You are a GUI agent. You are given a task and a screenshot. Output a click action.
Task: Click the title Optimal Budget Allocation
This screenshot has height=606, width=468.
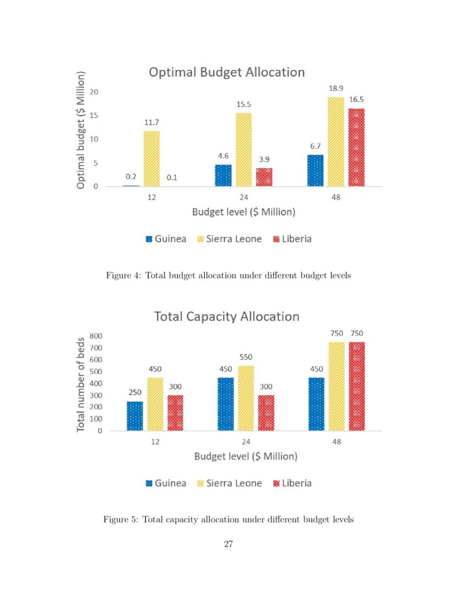226,72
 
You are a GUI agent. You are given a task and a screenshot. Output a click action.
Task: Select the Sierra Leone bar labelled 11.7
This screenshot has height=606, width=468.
152,159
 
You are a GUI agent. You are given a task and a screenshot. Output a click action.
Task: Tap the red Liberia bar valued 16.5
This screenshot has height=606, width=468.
356,148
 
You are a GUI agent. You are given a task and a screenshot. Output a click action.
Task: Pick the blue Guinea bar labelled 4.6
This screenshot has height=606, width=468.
223,175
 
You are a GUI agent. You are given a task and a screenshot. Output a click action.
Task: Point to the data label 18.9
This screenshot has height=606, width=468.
336,88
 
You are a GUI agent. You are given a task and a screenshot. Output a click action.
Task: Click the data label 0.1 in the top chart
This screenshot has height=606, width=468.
172,177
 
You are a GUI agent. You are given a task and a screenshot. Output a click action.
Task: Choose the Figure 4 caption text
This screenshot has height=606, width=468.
228,275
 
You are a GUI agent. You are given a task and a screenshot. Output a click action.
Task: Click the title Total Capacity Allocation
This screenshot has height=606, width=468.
226,317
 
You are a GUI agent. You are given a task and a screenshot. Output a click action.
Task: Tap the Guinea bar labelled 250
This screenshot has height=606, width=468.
134,416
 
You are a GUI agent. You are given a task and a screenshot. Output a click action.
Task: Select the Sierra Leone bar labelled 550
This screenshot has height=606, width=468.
246,398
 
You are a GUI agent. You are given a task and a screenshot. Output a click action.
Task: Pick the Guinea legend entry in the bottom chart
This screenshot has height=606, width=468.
166,483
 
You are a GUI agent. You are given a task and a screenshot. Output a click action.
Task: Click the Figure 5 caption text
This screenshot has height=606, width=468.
228,520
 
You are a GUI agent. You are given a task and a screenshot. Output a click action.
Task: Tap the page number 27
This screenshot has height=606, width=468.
228,544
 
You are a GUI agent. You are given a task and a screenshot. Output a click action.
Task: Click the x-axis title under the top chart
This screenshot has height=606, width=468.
243,212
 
